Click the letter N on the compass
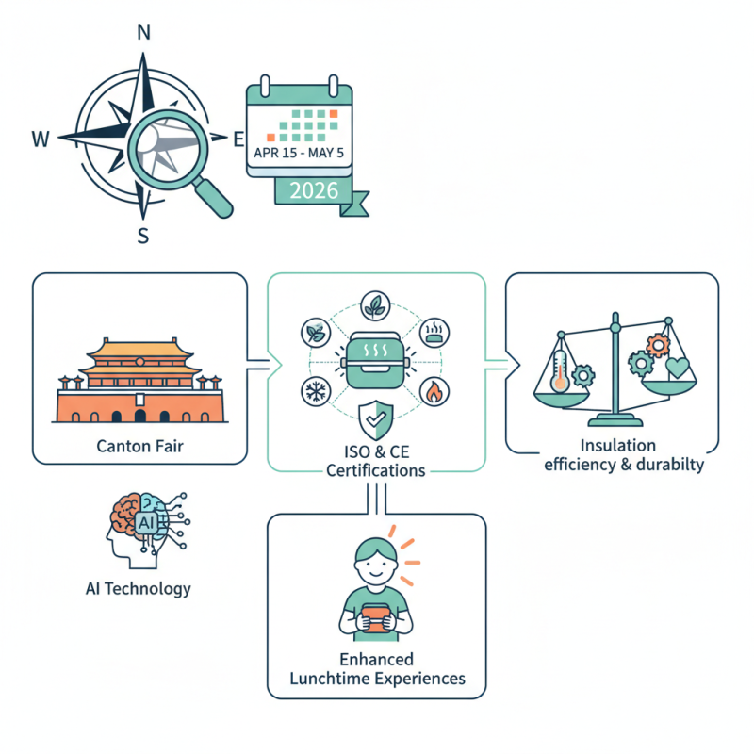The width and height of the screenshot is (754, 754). tap(143, 31)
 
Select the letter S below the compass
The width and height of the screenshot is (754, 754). tap(143, 236)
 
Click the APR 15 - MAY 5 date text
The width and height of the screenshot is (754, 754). tap(300, 151)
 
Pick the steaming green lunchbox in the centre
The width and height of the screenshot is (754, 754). tap(376, 360)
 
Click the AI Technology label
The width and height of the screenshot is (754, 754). tap(138, 589)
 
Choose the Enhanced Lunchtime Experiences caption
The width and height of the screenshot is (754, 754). tap(377, 669)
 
